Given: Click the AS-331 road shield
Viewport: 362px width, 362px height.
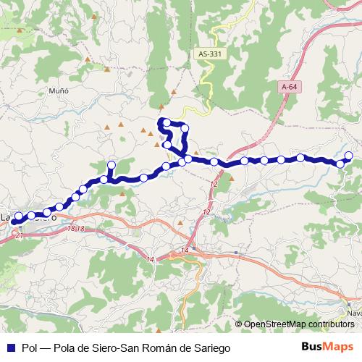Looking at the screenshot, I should (x=209, y=54).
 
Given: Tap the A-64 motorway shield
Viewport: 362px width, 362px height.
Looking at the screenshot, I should (x=289, y=87).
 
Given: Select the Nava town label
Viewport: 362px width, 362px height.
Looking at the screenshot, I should (x=354, y=313).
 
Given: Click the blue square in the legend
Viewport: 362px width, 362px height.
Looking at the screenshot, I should (x=10, y=348).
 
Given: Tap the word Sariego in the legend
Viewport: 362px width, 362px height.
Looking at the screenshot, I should (x=210, y=348).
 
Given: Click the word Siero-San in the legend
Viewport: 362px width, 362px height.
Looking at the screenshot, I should (x=108, y=348).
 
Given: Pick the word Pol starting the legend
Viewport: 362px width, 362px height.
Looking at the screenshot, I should (x=30, y=348).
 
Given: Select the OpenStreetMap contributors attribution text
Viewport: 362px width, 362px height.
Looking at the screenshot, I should (x=299, y=324).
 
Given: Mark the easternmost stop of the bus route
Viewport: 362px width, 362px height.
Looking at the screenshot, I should (x=348, y=155).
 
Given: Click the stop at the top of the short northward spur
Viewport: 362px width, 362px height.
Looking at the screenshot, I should (x=111, y=165).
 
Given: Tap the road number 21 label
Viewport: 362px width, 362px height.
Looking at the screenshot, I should (x=19, y=236).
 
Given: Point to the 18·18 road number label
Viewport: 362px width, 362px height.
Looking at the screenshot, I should (x=75, y=228).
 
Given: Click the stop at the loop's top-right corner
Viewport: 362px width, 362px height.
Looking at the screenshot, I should (x=185, y=128).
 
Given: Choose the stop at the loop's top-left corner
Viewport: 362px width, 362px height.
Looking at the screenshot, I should (x=166, y=121).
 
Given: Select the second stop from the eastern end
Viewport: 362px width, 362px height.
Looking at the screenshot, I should (x=340, y=164).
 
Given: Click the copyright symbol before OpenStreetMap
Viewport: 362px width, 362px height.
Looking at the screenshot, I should (x=238, y=324).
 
